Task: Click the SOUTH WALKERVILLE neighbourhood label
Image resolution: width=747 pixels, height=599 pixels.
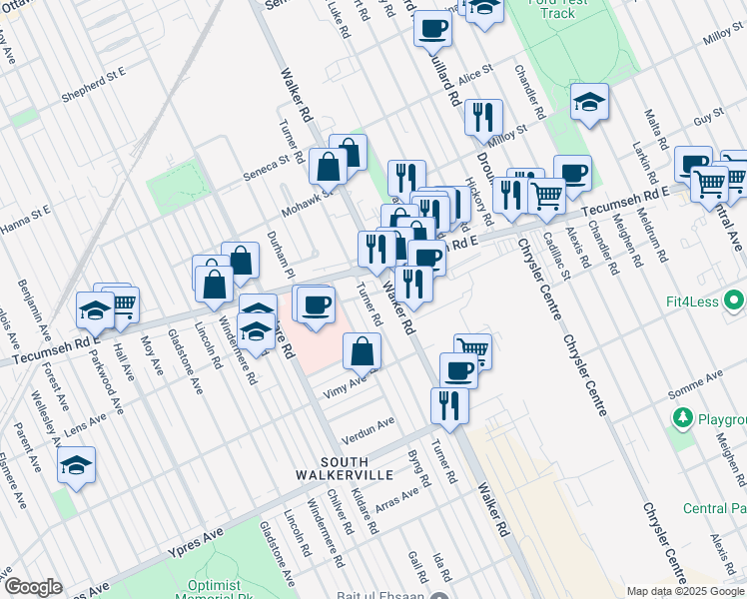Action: click(x=345, y=468)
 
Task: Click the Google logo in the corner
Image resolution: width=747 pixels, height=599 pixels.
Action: click(x=32, y=587)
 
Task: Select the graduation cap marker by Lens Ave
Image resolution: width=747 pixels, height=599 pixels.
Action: click(x=76, y=465)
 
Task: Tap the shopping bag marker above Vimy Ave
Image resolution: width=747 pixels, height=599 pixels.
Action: click(x=362, y=350)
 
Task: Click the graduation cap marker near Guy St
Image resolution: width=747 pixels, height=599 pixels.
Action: click(x=589, y=101)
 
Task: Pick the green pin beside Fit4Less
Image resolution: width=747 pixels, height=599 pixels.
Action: click(x=735, y=299)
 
